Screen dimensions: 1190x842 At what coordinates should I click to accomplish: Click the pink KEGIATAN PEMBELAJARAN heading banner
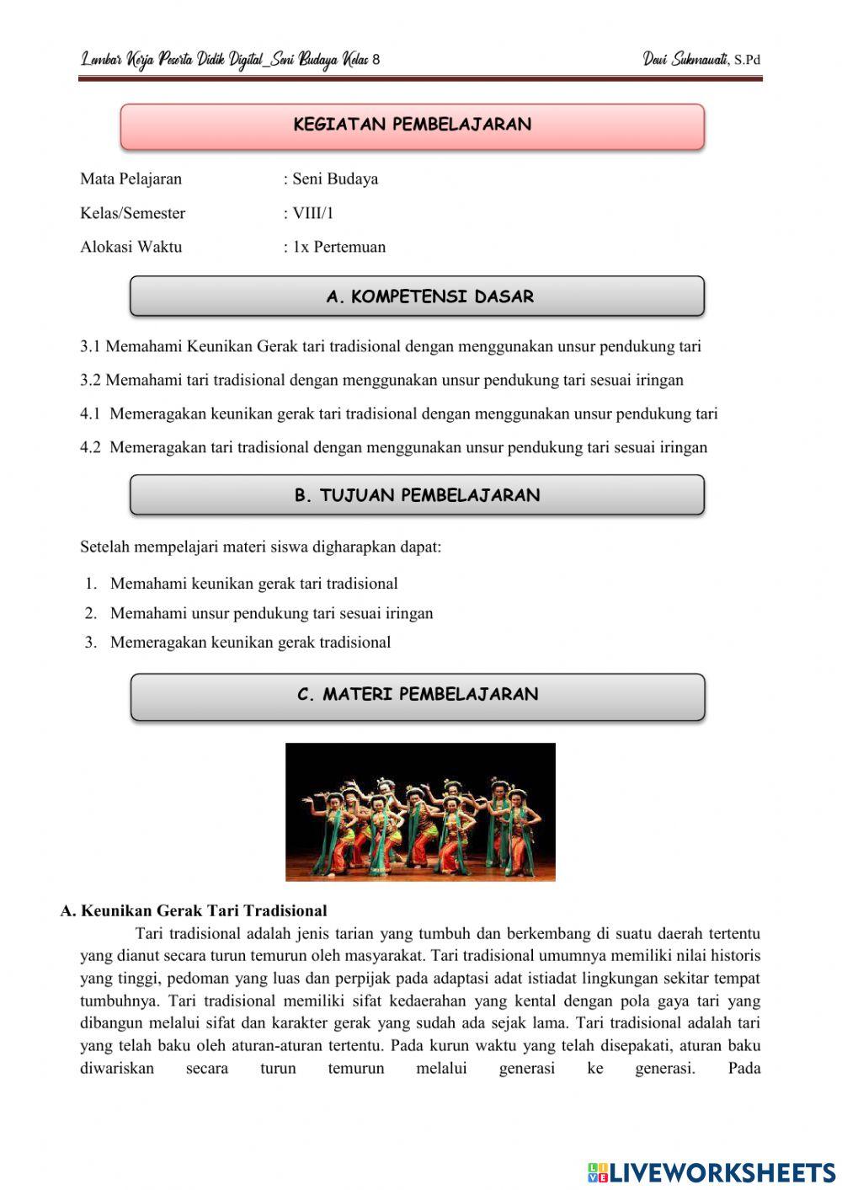[x=412, y=125]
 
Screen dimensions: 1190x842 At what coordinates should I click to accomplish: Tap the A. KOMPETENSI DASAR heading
[x=417, y=296]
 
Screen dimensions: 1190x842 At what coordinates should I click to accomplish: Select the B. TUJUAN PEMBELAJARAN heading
[x=417, y=495]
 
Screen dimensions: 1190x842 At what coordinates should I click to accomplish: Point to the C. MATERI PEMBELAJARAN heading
[x=417, y=695]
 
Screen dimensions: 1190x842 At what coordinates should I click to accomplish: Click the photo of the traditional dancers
[x=420, y=812]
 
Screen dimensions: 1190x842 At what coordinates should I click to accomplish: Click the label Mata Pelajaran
[x=131, y=179]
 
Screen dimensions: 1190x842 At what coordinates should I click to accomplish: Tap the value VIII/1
[x=312, y=213]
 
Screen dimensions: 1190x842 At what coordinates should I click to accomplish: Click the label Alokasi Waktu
[x=131, y=247]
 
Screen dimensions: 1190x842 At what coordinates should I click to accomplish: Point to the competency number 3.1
[x=90, y=346]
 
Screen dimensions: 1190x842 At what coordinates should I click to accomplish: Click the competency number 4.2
[x=90, y=447]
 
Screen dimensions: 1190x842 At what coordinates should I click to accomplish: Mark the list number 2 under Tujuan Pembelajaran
[x=90, y=613]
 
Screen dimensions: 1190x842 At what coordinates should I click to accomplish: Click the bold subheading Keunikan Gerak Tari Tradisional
[x=204, y=910]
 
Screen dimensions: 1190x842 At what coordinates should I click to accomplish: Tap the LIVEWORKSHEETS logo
[x=711, y=1171]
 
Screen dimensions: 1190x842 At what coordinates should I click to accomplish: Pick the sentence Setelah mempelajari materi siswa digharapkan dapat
[x=260, y=547]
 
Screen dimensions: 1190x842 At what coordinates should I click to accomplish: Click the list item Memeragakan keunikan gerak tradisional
[x=250, y=643]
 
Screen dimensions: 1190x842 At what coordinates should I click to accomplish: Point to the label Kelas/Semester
[x=132, y=213]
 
